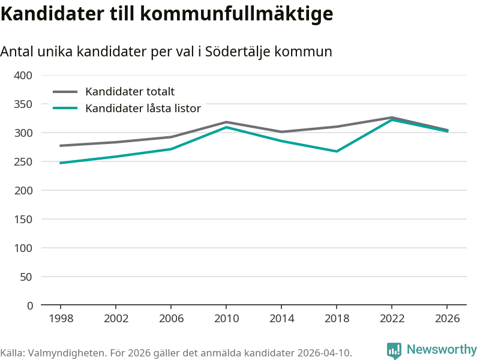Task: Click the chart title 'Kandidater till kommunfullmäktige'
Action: (166, 13)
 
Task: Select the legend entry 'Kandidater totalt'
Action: (130, 92)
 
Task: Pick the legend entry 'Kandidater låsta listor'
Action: (143, 109)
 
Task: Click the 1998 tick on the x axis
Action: (61, 319)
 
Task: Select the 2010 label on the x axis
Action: (226, 319)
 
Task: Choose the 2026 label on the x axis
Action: (447, 319)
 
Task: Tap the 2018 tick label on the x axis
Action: (337, 319)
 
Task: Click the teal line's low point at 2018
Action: (337, 151)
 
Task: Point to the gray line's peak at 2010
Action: (226, 122)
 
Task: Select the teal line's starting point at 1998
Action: (61, 163)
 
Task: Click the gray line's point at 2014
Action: (281, 132)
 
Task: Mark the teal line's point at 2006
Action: (171, 149)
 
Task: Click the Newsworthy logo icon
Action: (394, 350)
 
